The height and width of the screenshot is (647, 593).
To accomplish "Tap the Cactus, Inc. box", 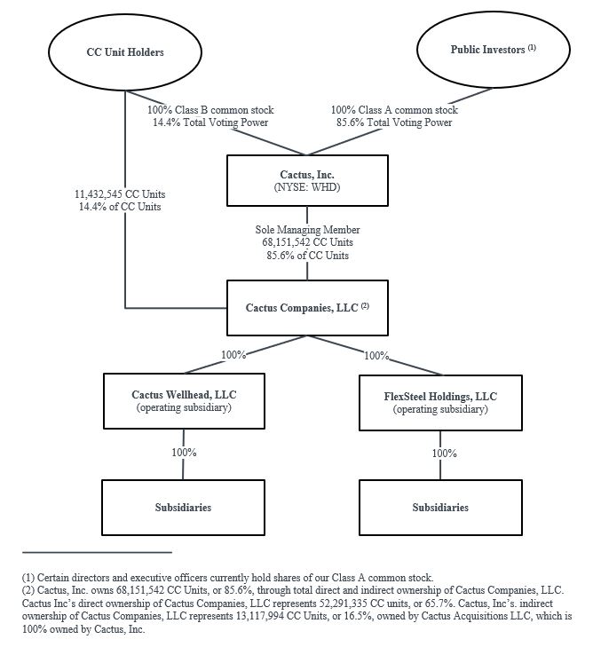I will pos(307,181).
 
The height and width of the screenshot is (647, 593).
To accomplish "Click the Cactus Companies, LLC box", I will pos(307,308).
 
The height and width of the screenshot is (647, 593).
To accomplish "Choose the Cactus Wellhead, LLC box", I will pos(184,401).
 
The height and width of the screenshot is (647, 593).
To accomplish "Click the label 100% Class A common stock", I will pos(394,111).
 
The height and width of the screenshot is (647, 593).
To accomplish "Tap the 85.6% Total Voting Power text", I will pos(394,123).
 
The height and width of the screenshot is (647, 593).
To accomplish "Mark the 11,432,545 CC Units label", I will pos(119,193).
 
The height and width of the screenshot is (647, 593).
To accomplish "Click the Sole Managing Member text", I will pos(307,230).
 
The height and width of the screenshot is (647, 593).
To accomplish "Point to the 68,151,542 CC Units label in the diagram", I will pos(307,242).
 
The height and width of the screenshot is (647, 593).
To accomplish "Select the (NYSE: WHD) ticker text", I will pos(307,187).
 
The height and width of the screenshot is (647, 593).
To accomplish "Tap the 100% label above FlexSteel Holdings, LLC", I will pos(376,355).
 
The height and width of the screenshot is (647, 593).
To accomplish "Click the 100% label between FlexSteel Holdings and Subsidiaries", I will pos(445,453).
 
